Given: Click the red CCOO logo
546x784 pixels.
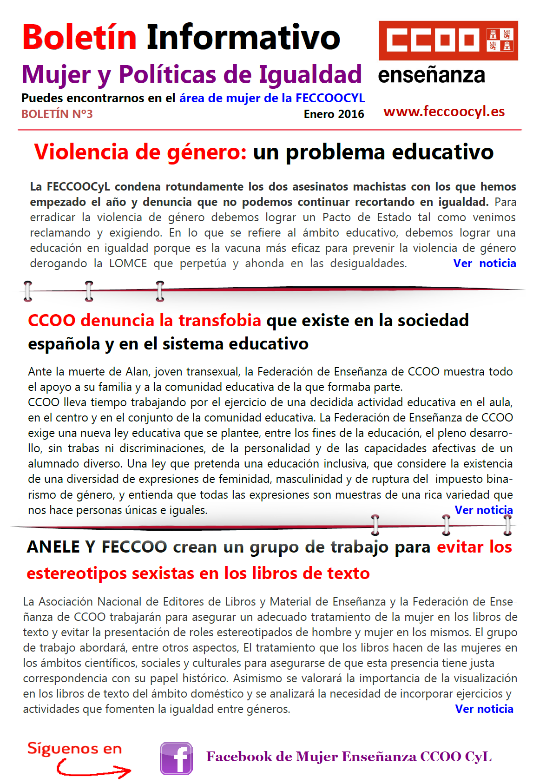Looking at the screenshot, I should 448,40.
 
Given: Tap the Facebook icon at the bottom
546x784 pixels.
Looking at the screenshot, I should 176,758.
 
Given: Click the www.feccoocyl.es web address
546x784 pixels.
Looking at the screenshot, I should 444,112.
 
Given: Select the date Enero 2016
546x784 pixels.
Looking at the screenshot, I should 334,114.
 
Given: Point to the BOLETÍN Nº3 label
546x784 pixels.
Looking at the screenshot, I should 57,114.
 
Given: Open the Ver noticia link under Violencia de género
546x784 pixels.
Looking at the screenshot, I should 484,264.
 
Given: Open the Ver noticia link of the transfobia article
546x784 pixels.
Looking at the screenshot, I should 483,510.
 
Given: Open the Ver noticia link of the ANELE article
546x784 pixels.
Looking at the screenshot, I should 484,709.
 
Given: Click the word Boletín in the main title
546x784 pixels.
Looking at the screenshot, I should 79,37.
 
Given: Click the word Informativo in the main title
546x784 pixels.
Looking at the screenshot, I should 243,37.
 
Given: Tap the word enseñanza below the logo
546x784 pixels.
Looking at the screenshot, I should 431,75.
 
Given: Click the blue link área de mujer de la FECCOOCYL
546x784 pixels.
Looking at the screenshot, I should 272,98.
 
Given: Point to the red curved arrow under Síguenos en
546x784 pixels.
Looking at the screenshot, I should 93,769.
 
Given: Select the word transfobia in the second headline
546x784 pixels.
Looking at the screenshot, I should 220,320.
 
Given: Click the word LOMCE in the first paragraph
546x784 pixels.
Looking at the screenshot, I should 128,264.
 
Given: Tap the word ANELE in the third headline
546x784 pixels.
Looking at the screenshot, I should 53,547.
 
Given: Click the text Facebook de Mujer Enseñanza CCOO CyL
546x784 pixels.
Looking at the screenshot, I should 349,757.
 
